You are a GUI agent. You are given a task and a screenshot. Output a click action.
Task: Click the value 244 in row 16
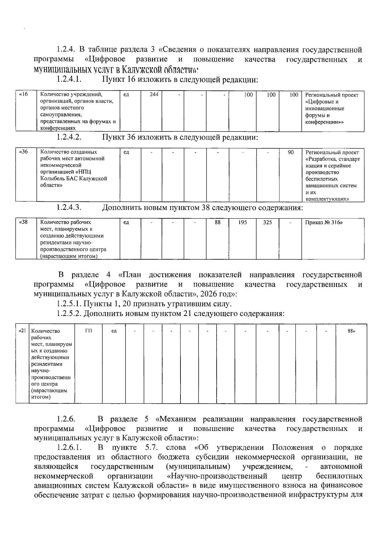click(154, 95)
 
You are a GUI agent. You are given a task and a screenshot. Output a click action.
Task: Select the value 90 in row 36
click(291, 152)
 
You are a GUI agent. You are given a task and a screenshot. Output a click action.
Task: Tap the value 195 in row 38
click(243, 222)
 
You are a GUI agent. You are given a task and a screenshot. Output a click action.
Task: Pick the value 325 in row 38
click(268, 222)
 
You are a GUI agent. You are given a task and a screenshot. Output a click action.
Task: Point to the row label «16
click(24, 94)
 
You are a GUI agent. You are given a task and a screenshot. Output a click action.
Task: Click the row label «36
click(24, 152)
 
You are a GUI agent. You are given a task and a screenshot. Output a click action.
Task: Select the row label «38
click(24, 222)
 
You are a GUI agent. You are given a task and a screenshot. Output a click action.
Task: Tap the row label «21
click(22, 331)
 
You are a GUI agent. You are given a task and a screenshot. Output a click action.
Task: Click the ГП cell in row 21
click(89, 331)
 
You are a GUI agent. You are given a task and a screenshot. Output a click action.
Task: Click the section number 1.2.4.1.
click(69, 79)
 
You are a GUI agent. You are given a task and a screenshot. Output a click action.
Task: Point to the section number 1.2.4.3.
click(69, 208)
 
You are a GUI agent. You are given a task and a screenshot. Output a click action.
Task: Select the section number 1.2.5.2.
click(69, 313)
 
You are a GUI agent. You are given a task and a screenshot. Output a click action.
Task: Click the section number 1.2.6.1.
click(69, 447)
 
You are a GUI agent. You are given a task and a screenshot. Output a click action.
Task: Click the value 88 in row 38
click(218, 222)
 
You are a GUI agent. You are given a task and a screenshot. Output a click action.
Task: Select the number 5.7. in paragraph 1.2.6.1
click(151, 447)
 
